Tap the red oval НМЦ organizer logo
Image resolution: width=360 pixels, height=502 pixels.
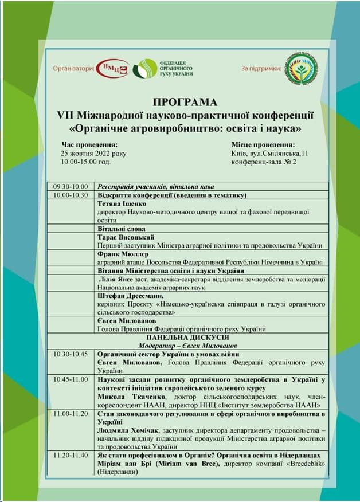112,68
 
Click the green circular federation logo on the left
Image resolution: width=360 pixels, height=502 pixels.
144,69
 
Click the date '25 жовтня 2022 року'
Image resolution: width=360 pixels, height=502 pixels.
93,154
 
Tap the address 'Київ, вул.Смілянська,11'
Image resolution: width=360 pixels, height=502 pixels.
269,154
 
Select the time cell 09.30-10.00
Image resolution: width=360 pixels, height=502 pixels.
71,186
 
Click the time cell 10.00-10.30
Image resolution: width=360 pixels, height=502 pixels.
71,195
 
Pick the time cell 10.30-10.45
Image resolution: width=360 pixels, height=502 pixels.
71,354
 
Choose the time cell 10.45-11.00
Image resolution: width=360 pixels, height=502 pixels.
71,379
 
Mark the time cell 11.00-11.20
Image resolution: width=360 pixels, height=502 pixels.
71,413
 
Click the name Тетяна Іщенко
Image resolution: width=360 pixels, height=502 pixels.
122,203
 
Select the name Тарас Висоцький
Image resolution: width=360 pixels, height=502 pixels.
127,237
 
